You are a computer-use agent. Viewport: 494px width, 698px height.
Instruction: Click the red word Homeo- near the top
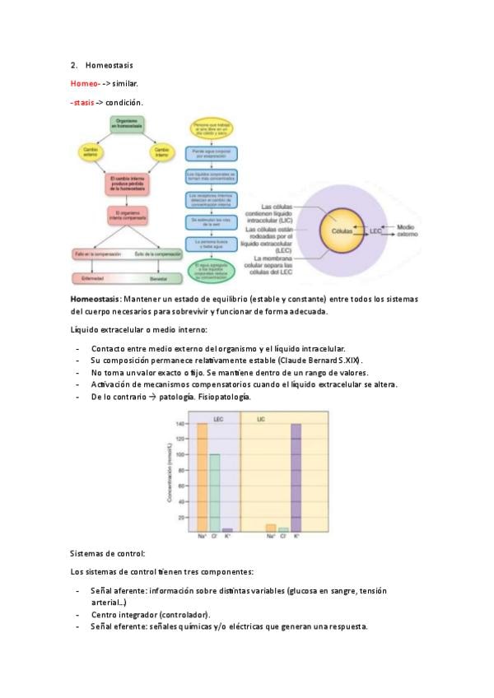point(86,84)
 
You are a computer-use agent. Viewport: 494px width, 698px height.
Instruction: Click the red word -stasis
point(83,103)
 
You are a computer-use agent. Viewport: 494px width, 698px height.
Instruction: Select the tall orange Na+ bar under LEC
point(202,477)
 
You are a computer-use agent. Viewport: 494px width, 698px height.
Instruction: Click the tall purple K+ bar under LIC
point(296,477)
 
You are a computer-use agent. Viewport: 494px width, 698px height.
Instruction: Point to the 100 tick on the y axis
point(182,455)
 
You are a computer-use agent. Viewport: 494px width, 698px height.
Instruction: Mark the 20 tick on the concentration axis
point(182,518)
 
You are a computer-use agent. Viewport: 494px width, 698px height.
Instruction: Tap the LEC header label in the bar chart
point(218,420)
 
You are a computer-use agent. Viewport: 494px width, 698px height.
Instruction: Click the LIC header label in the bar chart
point(261,420)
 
